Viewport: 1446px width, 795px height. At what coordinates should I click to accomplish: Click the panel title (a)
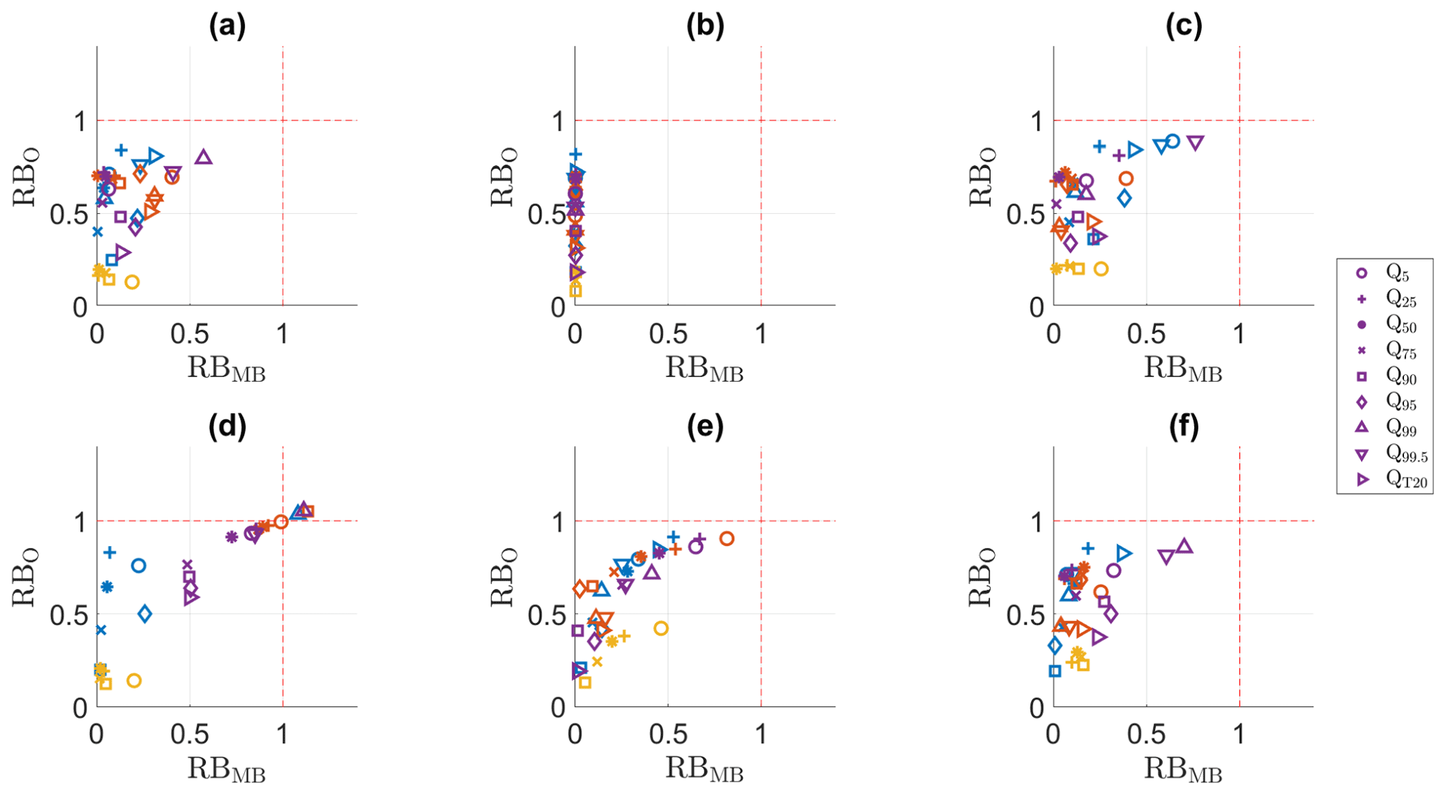(227, 27)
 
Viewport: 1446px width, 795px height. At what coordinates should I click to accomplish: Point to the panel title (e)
(705, 427)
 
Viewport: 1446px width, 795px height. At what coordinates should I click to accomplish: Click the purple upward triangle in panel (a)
(204, 157)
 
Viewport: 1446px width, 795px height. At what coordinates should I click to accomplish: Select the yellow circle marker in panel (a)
(132, 282)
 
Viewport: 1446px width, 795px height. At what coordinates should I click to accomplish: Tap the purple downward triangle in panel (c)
(1196, 143)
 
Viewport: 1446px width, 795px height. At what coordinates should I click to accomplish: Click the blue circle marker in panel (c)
(1173, 141)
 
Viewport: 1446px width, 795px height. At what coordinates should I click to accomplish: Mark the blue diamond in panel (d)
(145, 614)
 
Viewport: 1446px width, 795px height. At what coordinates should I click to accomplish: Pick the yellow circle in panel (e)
(661, 628)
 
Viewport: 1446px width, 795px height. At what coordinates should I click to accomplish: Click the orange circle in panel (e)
(727, 538)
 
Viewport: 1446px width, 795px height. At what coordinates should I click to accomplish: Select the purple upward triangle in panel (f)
(1184, 546)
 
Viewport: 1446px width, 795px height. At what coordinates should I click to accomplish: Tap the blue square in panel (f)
(1055, 671)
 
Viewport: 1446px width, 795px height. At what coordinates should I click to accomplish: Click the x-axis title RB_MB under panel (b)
(704, 368)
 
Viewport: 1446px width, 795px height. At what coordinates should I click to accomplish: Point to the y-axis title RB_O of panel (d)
(24, 578)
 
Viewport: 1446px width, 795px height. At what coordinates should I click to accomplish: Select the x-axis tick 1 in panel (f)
(1239, 734)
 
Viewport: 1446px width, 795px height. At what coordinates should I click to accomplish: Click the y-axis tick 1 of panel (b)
(558, 122)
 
